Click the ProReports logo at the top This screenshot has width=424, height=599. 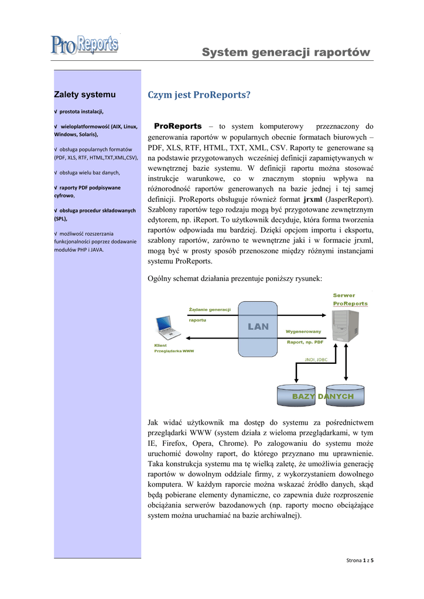pos(84,45)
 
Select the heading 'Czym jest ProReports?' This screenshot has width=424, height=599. pos(199,95)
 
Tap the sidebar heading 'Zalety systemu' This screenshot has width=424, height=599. pos(84,94)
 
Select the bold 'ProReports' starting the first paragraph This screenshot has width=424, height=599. pos(177,126)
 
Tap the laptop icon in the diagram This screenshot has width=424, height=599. pos(167,328)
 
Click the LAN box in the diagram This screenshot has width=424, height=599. pos(258,327)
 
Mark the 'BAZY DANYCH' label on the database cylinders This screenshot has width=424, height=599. pos(323,397)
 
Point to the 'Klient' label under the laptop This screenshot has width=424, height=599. pos(160,345)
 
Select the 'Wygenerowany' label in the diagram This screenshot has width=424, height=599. pos(303,332)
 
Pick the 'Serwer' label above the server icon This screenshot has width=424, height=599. pos(344,295)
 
